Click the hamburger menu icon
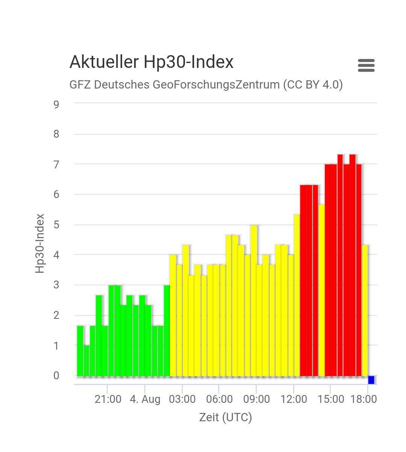pyautogui.click(x=366, y=65)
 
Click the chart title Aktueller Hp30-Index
pyautogui.click(x=151, y=62)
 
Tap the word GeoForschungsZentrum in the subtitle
pyautogui.click(x=216, y=84)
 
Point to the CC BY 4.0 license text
pyautogui.click(x=313, y=84)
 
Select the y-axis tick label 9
pyautogui.click(x=56, y=104)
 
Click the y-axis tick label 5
pyautogui.click(x=56, y=225)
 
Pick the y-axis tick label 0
pyautogui.click(x=56, y=375)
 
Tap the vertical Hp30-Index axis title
pyautogui.click(x=40, y=243)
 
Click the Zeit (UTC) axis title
pyautogui.click(x=225, y=417)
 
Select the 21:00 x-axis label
pyautogui.click(x=108, y=399)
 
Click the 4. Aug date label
pyautogui.click(x=145, y=399)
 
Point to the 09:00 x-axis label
pyautogui.click(x=256, y=399)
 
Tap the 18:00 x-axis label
pyautogui.click(x=364, y=399)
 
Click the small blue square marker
pyautogui.click(x=371, y=380)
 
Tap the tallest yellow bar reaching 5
pyautogui.click(x=254, y=300)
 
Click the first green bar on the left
pyautogui.click(x=80, y=351)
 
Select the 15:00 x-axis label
pyautogui.click(x=330, y=399)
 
